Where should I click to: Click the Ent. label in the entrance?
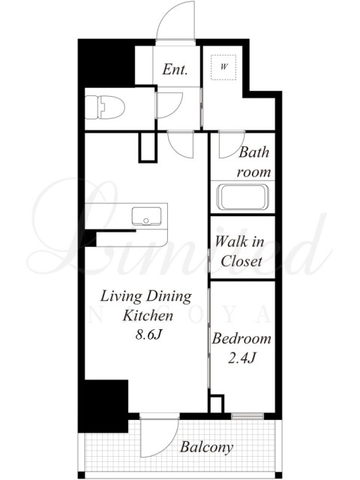tap(175, 69)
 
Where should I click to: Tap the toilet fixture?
tap(105, 107)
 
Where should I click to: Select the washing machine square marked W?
tap(223, 67)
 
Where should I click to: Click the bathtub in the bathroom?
tap(242, 196)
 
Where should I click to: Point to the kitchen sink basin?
tap(147, 216)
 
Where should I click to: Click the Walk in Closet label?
tap(239, 251)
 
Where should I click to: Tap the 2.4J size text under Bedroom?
tap(241, 358)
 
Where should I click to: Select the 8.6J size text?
tap(148, 335)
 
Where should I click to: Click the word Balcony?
tap(206, 447)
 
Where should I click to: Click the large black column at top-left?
tap(106, 63)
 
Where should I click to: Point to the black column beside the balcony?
tap(103, 406)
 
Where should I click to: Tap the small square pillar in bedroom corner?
tap(217, 404)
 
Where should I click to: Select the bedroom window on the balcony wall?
tap(247, 416)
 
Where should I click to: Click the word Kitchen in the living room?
tap(148, 316)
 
